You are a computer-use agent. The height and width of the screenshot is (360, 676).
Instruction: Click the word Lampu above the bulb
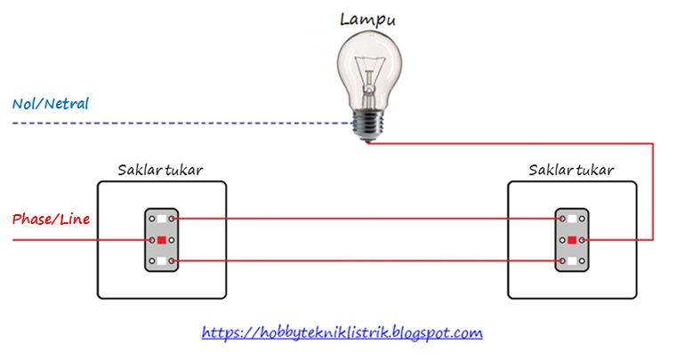coord(368,19)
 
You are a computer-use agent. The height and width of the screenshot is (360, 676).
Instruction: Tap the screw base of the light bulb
coord(366,125)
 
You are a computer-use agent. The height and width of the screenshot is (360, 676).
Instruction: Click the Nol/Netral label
coord(51,104)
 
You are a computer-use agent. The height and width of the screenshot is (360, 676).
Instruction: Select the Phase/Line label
coord(51,219)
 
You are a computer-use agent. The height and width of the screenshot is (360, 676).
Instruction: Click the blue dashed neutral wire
coord(178,123)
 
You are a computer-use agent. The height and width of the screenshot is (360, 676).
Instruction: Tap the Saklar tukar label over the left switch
coord(161,170)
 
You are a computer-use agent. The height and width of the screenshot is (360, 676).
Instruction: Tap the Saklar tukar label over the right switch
coord(571,170)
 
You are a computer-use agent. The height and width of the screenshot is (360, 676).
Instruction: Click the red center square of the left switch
coord(162,240)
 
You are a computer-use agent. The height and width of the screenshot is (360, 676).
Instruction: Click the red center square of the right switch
coord(572,240)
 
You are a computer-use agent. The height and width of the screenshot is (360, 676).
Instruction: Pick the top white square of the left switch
coord(162,219)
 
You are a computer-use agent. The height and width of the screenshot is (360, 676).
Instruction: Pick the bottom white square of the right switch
coord(572,261)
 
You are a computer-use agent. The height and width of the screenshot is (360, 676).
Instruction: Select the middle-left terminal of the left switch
coord(152,240)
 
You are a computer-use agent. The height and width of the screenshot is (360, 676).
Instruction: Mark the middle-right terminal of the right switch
coord(582,240)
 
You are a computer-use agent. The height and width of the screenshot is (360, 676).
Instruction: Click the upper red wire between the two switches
coord(365,219)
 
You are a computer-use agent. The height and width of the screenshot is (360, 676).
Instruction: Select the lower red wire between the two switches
coord(365,261)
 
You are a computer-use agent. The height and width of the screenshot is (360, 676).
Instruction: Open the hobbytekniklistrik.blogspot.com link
coord(342,333)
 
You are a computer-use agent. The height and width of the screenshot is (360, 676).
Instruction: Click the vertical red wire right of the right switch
coord(654,191)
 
